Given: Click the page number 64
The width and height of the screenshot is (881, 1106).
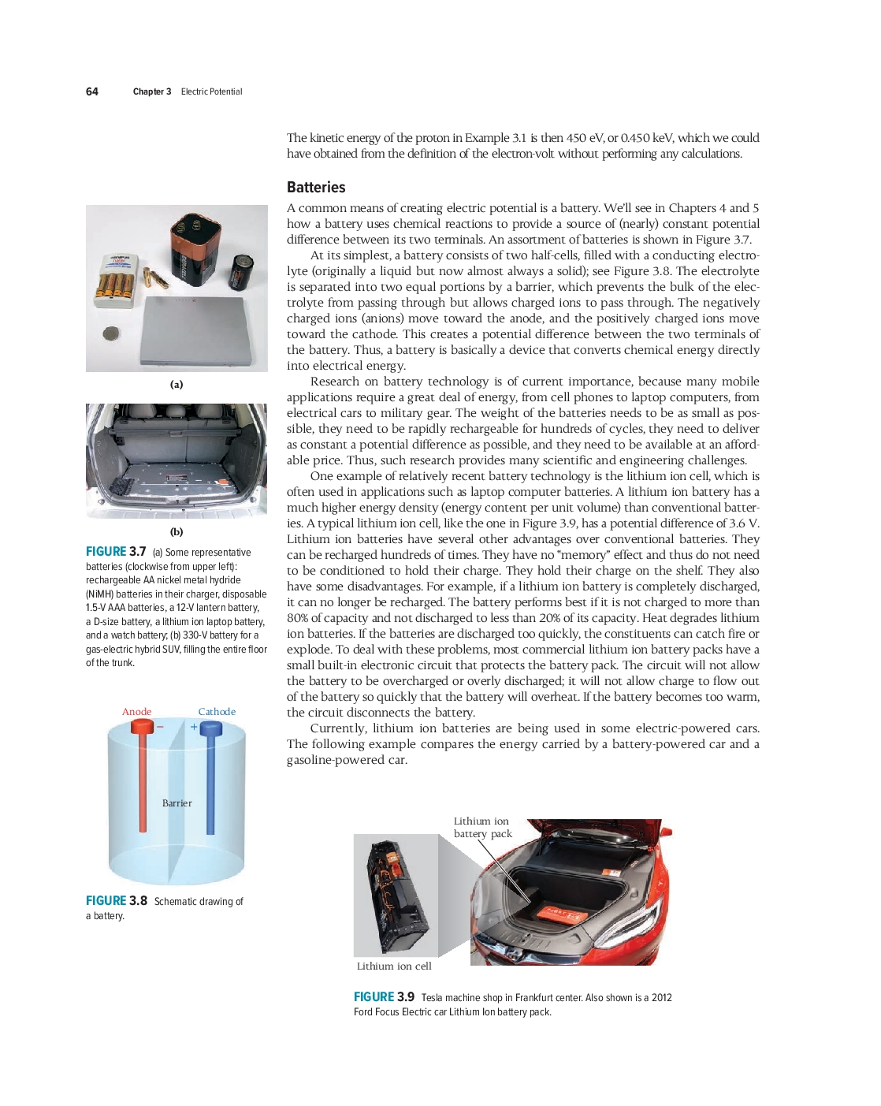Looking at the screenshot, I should click(92, 91).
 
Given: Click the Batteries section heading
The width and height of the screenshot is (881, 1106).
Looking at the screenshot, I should click(316, 187).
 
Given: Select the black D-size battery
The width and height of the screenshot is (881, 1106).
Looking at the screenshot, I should click(240, 272).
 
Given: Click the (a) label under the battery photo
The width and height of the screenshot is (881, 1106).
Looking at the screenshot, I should click(177, 385).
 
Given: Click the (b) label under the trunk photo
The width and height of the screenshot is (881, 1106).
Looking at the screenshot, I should click(177, 532).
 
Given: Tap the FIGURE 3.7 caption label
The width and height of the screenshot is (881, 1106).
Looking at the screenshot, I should click(116, 552).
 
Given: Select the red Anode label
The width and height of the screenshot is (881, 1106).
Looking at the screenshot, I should click(136, 712).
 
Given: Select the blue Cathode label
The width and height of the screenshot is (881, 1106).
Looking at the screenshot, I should click(217, 712).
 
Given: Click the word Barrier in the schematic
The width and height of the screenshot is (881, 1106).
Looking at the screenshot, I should click(177, 803).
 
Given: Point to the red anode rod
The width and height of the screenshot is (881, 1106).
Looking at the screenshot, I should click(143, 780).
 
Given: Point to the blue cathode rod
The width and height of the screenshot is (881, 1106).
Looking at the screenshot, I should click(210, 780).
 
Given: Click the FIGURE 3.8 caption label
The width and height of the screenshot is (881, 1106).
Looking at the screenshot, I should click(117, 901).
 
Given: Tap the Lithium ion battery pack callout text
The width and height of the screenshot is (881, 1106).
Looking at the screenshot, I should click(482, 828).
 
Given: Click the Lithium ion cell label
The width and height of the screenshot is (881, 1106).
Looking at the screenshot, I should click(394, 966).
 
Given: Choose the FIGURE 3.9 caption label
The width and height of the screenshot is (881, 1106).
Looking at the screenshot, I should click(384, 997).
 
